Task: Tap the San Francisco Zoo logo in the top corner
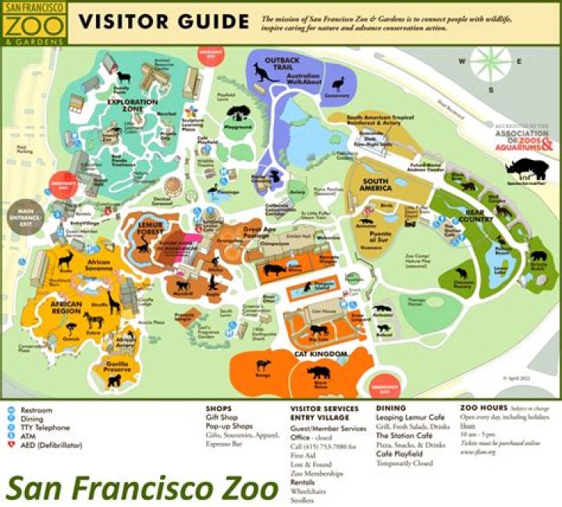click(x=34, y=22)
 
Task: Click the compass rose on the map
click(x=490, y=62)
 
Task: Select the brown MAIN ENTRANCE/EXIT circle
click(x=26, y=214)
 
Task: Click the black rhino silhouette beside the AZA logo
click(x=520, y=167)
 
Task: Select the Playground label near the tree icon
click(x=238, y=126)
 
